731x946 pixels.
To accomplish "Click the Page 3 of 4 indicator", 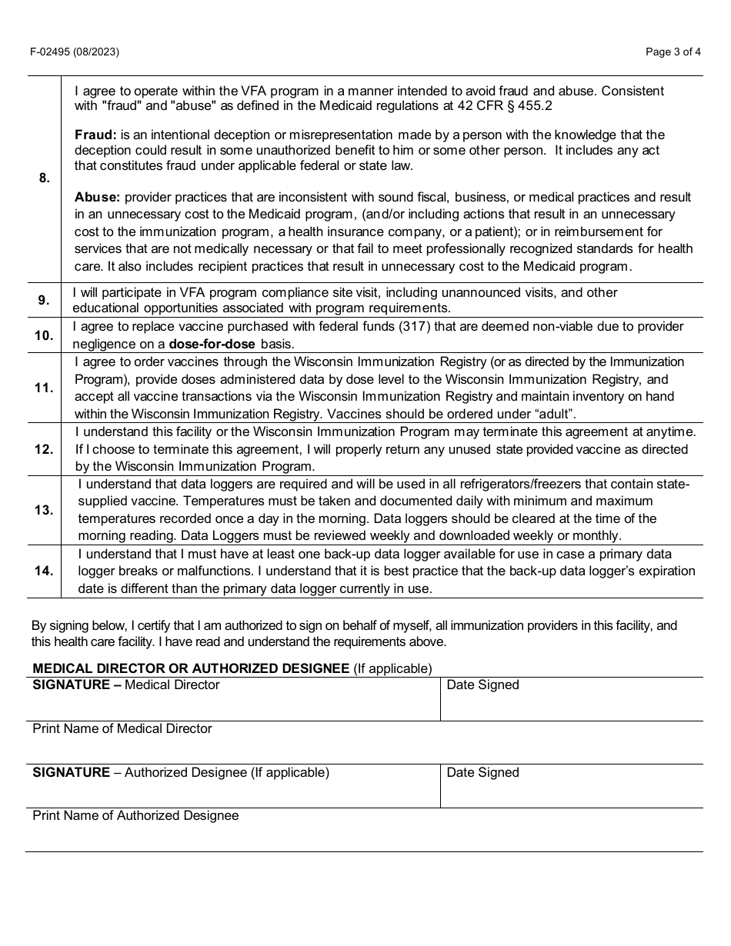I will tap(673, 52).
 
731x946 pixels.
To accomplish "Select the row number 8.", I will tap(44, 178).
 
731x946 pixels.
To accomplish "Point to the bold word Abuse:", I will tap(97, 197).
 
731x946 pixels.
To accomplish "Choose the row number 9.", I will tap(44, 301).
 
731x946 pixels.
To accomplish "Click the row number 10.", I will tap(44, 335).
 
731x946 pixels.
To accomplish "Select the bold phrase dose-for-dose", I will tap(212, 344).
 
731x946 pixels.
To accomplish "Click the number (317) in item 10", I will tap(416, 327).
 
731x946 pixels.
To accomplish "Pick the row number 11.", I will tap(44, 388).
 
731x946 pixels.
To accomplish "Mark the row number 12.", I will tap(44, 449).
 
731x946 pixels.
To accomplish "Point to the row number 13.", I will tap(44, 510).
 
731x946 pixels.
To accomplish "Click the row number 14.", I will tap(44, 571).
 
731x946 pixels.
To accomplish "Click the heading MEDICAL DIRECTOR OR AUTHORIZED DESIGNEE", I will tap(191, 668).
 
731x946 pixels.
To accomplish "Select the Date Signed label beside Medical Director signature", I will tap(482, 685).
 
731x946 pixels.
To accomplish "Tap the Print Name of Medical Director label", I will tap(122, 728).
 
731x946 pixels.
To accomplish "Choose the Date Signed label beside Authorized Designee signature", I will tap(482, 773).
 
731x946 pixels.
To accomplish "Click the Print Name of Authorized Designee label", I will tap(135, 815).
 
